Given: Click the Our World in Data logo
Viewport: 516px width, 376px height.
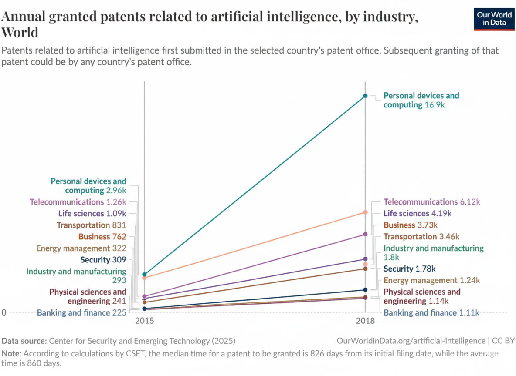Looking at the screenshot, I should (494, 18).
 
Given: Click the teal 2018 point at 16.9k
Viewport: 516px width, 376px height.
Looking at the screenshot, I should (365, 96).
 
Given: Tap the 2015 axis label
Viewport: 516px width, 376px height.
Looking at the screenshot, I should (144, 321).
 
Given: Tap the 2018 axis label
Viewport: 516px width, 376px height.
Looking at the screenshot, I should (365, 321).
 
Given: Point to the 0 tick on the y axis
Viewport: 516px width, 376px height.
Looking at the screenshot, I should (3, 312).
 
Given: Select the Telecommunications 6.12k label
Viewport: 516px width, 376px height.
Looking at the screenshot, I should (431, 202).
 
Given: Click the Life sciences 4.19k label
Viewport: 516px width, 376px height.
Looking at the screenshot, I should (417, 214).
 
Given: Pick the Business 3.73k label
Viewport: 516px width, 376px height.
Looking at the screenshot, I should (410, 225).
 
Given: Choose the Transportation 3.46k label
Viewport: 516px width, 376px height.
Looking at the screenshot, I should (421, 237).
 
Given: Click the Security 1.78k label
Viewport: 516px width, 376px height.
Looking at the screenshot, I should (409, 269).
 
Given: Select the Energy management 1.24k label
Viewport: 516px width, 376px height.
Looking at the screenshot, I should (431, 280).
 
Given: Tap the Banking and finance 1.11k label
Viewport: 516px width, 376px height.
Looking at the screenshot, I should (431, 312).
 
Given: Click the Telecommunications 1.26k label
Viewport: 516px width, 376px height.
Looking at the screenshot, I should (78, 202).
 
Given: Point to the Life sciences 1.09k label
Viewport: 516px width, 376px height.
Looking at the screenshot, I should (92, 214).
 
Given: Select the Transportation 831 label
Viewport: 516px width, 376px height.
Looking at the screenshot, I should (91, 225).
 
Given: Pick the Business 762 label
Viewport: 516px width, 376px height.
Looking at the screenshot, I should (102, 237).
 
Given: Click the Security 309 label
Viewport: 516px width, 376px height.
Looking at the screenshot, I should (103, 260).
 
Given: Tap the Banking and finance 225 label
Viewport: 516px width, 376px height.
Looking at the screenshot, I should (81, 312).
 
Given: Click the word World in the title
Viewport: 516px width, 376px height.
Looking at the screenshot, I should (20, 33).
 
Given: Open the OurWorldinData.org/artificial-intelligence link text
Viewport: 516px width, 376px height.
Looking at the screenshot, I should (411, 341).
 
